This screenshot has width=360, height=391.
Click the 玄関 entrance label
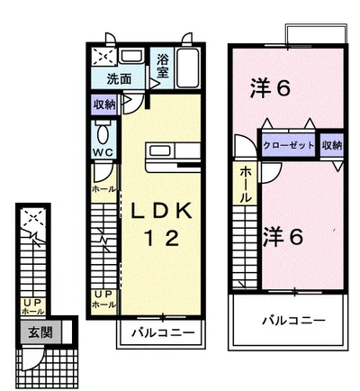click(40, 332)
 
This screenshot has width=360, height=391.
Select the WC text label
click(103, 152)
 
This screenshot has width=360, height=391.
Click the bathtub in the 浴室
click(188, 68)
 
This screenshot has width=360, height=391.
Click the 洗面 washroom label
click(119, 79)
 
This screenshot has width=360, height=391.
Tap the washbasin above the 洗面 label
click(130, 57)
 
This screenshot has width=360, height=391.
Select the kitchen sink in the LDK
click(160, 150)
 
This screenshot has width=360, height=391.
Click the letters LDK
click(161, 211)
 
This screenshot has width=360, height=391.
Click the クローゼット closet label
click(288, 146)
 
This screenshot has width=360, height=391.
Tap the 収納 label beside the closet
click(332, 146)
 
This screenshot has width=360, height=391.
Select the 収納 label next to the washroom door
click(104, 105)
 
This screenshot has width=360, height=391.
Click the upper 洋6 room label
click(270, 87)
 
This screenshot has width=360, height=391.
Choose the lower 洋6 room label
click(283, 237)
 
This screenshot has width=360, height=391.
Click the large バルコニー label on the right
click(293, 321)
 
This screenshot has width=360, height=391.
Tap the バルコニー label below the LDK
click(163, 332)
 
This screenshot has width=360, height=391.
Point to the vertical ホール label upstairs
click(245, 185)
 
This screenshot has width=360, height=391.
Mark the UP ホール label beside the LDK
click(103, 299)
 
